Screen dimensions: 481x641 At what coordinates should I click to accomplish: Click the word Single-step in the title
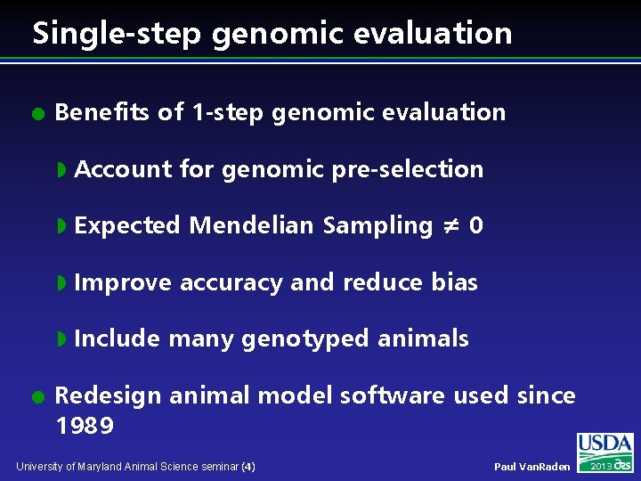coord(108,34)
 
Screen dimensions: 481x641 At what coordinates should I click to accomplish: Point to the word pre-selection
coord(407,169)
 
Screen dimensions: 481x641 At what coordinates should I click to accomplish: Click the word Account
coord(123,169)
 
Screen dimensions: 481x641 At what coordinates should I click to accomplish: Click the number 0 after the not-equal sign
coord(476,226)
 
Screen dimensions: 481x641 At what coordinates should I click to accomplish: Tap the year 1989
coord(85,426)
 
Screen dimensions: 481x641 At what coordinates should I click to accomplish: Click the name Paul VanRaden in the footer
coord(531,467)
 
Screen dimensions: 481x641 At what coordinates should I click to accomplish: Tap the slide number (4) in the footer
coord(248,466)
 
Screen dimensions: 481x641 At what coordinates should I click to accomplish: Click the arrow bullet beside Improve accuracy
coord(62,283)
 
